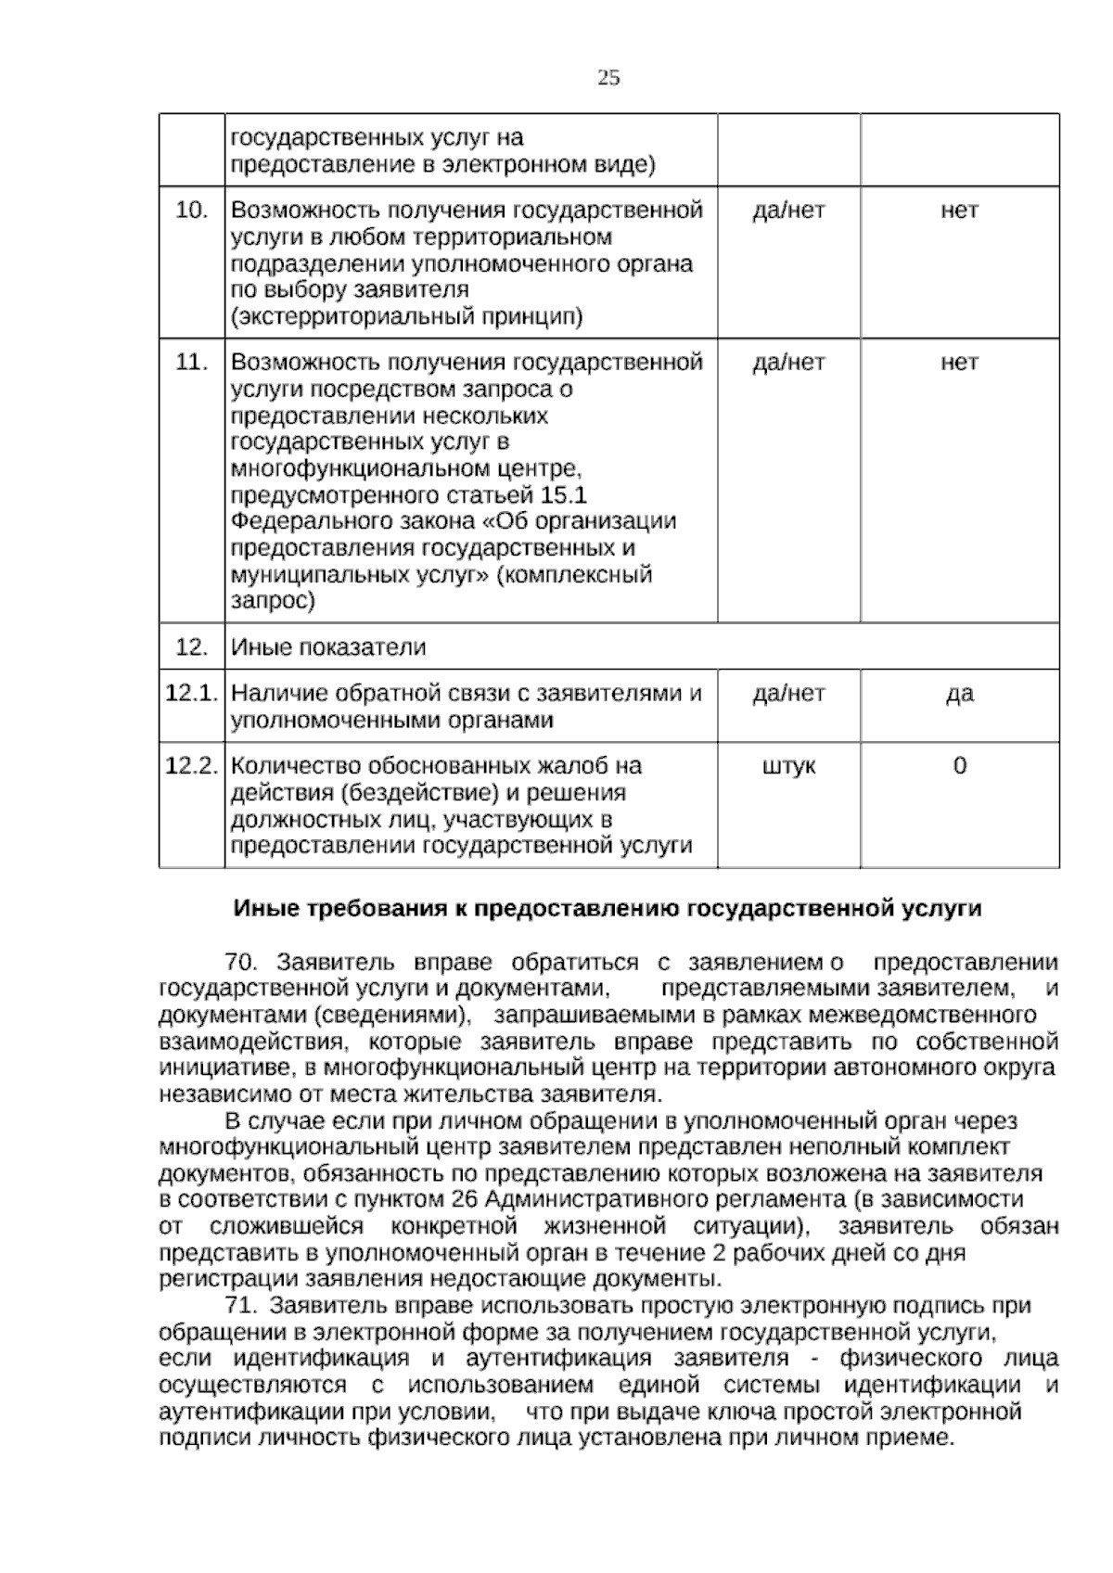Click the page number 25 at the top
tap(608, 78)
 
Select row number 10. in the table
tap(191, 211)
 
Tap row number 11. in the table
tap(191, 363)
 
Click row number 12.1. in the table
tap(191, 694)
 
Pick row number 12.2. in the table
tap(191, 766)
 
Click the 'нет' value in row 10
tap(959, 211)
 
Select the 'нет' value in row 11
tap(959, 363)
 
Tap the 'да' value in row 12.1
tap(959, 694)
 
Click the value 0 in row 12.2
tap(959, 766)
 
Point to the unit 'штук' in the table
tap(788, 766)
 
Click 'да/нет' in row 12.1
tap(788, 694)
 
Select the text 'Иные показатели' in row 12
tap(328, 647)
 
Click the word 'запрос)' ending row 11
tap(272, 601)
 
